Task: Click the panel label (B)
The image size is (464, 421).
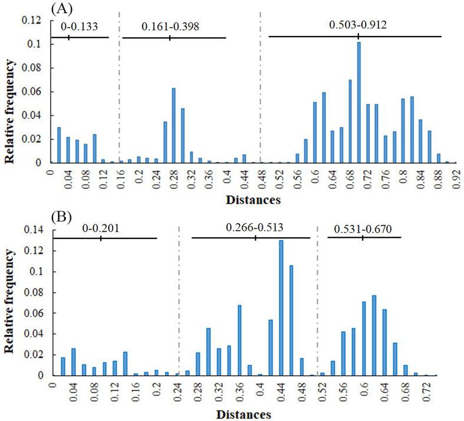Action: (x=62, y=216)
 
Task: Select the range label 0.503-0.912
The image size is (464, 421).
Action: (x=358, y=25)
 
